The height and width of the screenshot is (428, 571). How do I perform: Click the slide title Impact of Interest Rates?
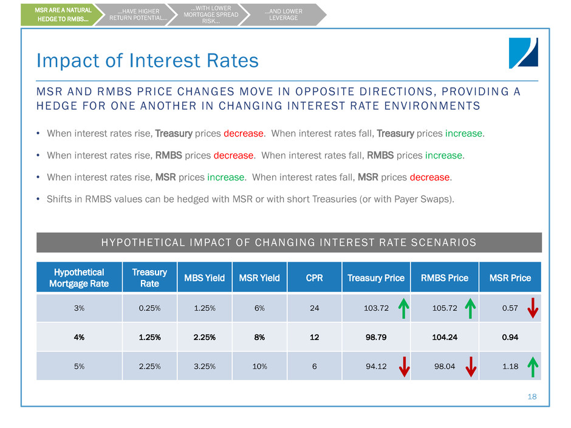point(148,61)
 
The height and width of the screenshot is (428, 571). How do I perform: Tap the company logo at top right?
point(523,53)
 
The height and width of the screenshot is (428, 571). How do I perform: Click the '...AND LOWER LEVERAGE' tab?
point(283,15)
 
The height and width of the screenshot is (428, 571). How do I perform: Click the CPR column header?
point(315,278)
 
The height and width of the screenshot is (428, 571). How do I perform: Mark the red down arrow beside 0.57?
point(532,307)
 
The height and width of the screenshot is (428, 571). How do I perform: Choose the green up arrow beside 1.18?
point(532,365)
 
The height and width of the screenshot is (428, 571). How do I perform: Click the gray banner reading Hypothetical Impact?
point(289,242)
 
